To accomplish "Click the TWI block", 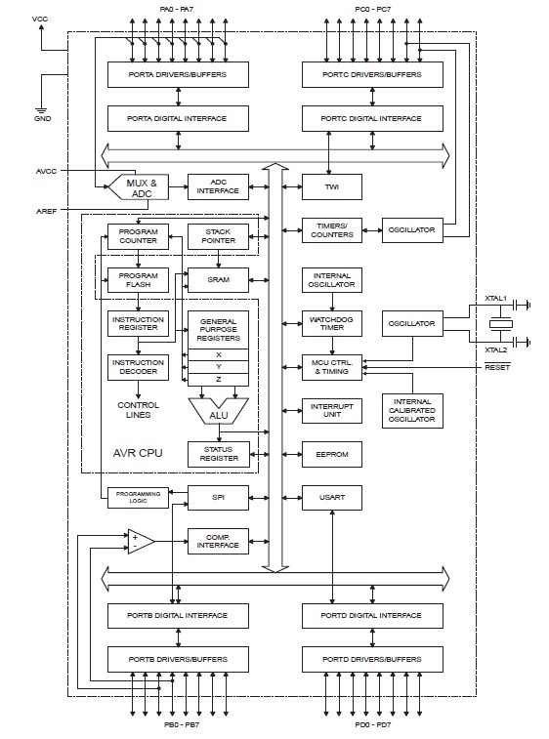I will click(x=332, y=186).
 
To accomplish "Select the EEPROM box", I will click(x=332, y=455).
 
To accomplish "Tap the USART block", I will click(x=332, y=497).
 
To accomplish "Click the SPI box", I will click(x=218, y=497).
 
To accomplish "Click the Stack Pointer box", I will click(x=218, y=236).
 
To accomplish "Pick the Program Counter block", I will click(x=138, y=236).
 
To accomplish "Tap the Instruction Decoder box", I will click(x=138, y=367).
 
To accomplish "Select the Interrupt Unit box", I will click(x=332, y=410).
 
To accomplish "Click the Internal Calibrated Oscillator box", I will click(x=412, y=411).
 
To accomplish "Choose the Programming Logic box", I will click(x=138, y=497).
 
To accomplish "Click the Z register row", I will click(x=219, y=379).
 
